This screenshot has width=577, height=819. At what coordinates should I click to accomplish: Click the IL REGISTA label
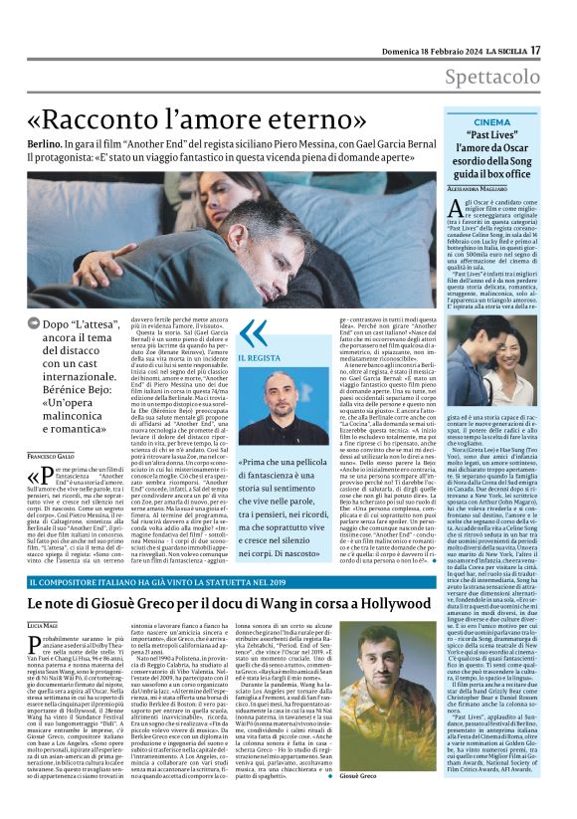click(259, 356)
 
